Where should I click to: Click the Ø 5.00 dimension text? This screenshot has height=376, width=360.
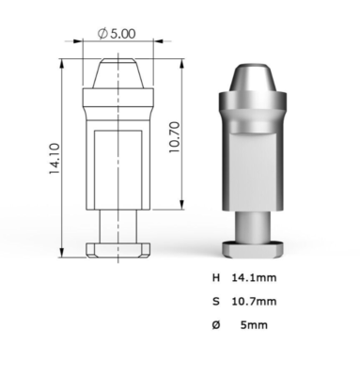117,33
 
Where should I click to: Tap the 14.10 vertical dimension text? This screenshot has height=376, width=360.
55,159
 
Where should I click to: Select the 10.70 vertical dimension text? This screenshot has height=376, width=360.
175,137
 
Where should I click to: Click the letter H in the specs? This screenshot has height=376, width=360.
216,277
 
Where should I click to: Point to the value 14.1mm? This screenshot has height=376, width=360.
254,277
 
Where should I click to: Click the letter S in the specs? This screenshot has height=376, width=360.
216,302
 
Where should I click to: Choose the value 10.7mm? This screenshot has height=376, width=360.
254,302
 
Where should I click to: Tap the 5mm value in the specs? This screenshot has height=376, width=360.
254,325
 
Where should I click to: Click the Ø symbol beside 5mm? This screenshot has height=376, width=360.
216,325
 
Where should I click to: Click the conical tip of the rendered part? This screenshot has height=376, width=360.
253,79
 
